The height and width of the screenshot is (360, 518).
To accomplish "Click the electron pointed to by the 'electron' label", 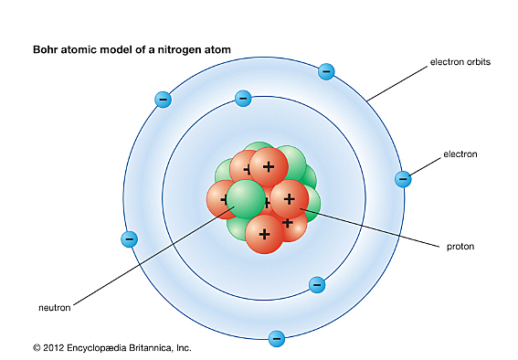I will pyautogui.click(x=402, y=179).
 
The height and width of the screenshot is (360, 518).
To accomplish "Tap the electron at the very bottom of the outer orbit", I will pyautogui.click(x=276, y=339).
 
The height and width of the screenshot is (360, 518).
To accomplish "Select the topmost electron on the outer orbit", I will pyautogui.click(x=326, y=71).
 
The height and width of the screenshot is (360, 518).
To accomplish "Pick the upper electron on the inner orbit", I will pyautogui.click(x=243, y=99).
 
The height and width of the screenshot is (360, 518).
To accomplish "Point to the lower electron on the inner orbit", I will pyautogui.click(x=317, y=284).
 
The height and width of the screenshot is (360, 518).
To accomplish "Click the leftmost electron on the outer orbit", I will pyautogui.click(x=129, y=239).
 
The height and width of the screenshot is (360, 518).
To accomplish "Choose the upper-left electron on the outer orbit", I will pyautogui.click(x=163, y=99).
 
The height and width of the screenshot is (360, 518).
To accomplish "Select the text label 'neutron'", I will pyautogui.click(x=54, y=307).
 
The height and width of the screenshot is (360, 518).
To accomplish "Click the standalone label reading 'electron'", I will pyautogui.click(x=460, y=154).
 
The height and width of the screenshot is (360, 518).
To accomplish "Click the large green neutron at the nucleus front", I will pyautogui.click(x=245, y=199).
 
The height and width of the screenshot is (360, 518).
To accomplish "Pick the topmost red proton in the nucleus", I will pyautogui.click(x=269, y=167).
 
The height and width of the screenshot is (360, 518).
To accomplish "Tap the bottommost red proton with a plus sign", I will pyautogui.click(x=265, y=233).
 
